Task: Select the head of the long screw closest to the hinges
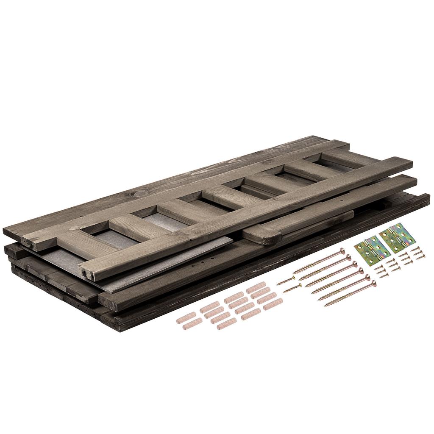click(x=342, y=251)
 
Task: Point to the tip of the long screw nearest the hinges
click(x=295, y=273)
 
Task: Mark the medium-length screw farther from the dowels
click(x=286, y=281)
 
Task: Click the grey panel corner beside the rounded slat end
click(x=231, y=239)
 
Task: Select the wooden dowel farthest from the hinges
click(x=186, y=318)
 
